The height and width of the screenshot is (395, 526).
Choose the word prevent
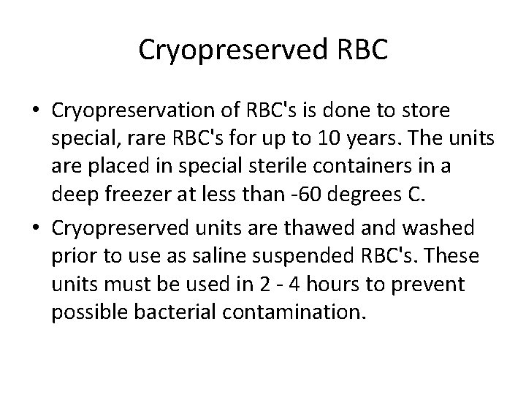click(x=425, y=283)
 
